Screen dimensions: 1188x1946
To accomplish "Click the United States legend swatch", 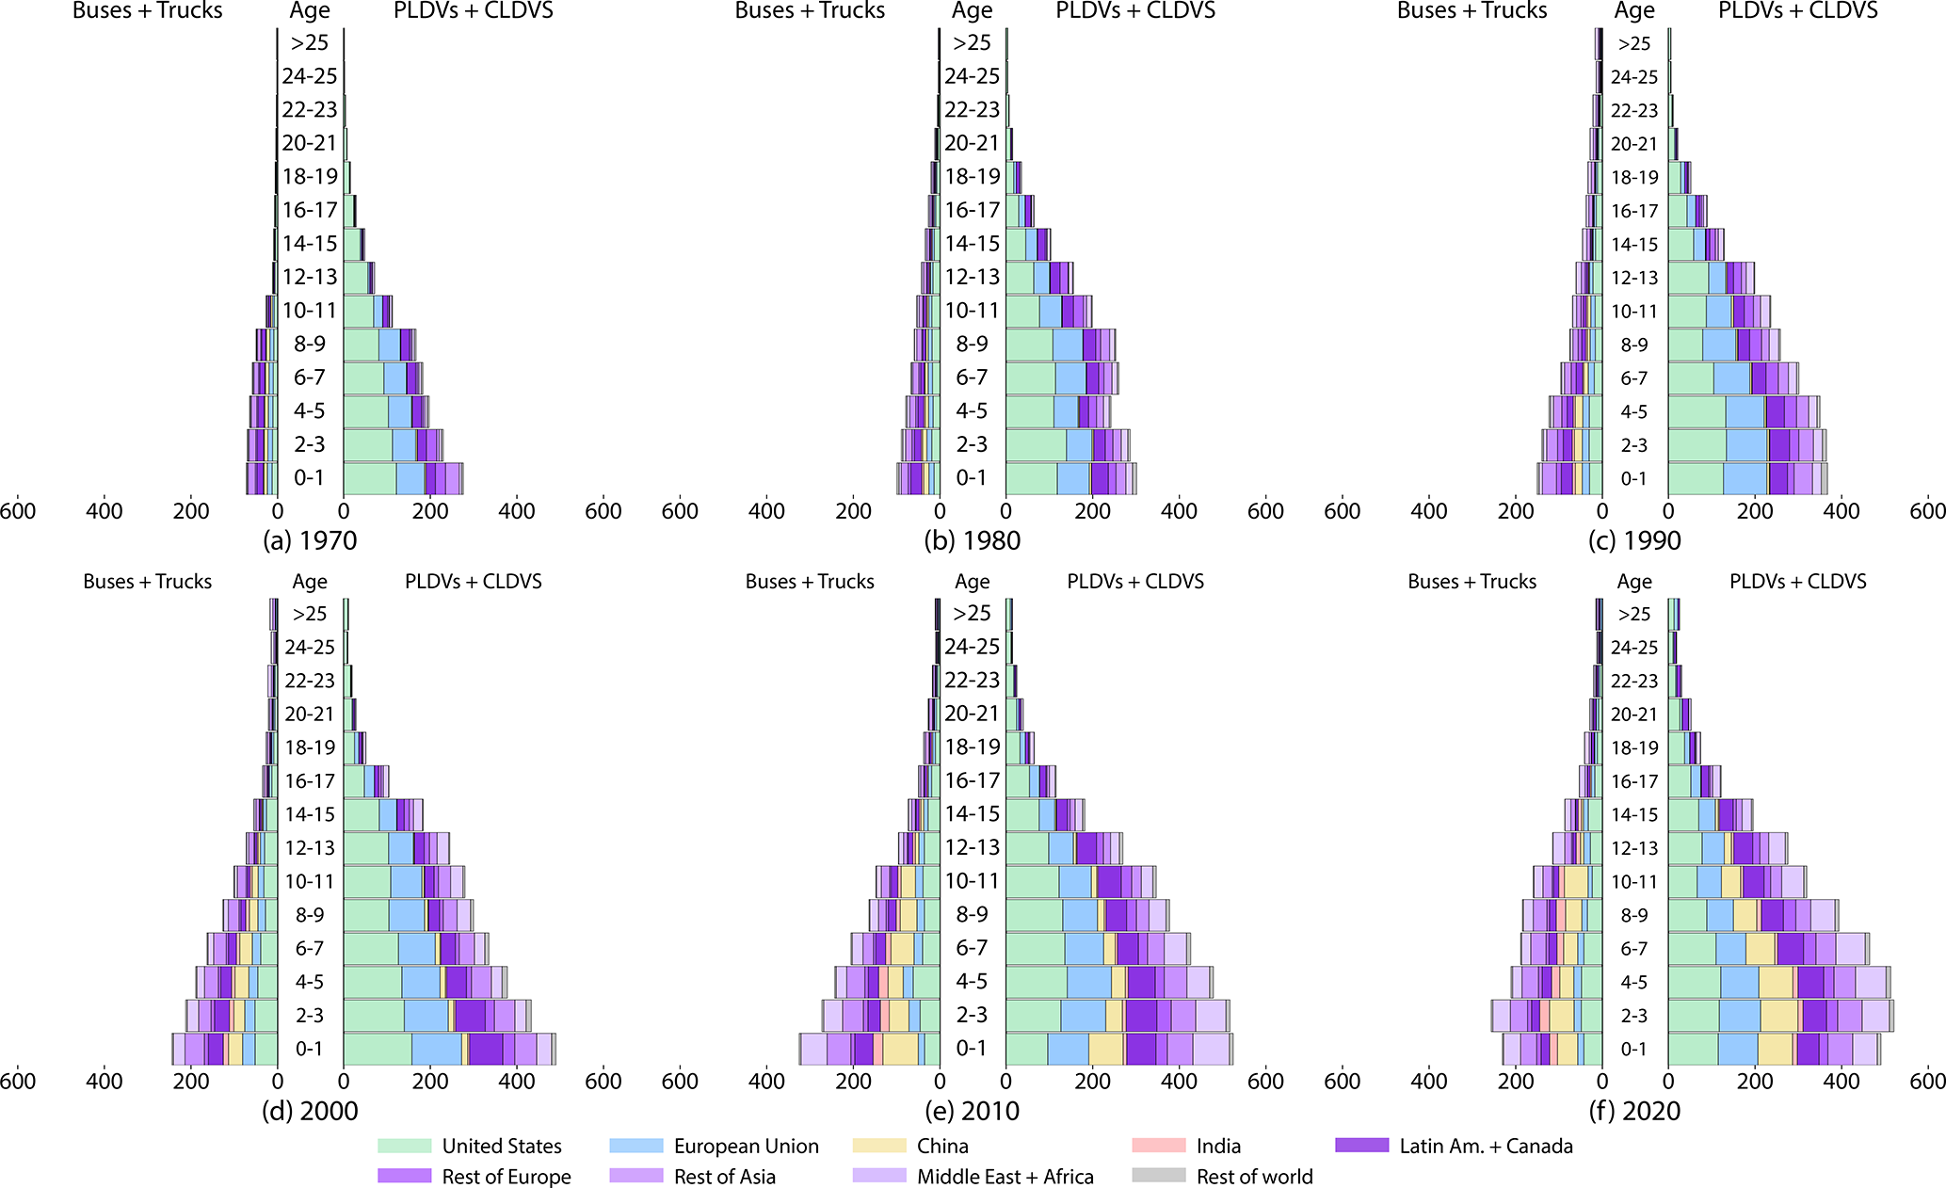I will click(x=404, y=1146).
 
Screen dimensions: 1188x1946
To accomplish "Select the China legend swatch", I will click(x=879, y=1146).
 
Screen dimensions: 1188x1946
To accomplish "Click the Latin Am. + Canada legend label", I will click(x=1486, y=1146).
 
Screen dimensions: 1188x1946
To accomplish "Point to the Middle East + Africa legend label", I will click(x=1005, y=1176).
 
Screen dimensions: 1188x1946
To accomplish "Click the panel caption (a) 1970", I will click(x=310, y=540).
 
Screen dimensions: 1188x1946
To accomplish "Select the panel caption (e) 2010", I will click(x=973, y=1111).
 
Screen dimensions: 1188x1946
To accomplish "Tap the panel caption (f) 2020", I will click(x=1634, y=1111).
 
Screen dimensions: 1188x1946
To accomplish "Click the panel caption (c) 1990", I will click(x=1634, y=540).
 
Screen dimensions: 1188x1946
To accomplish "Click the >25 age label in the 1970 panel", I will click(x=310, y=42).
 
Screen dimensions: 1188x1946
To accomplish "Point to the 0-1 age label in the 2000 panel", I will click(x=310, y=1049).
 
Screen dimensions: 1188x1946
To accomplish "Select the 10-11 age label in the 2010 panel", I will click(x=973, y=881).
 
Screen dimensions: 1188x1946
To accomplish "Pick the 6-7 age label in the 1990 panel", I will click(x=1634, y=378).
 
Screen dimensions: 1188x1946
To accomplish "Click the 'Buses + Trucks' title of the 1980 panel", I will click(x=810, y=11).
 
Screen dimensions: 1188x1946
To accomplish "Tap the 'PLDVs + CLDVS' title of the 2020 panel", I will click(x=1797, y=582).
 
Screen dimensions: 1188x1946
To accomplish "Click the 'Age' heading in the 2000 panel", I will click(x=310, y=582).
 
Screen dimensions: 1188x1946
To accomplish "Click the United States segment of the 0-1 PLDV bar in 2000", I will click(x=377, y=1049).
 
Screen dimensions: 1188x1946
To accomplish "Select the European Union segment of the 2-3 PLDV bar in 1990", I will click(x=1746, y=445).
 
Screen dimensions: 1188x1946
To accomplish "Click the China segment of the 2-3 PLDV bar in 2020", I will click(x=1778, y=1016).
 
